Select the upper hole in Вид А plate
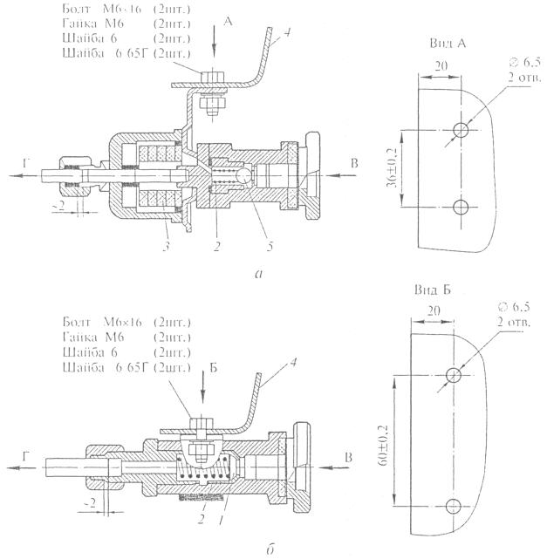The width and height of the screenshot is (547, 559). coord(461,130)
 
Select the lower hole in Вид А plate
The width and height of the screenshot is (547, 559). coord(462,206)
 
